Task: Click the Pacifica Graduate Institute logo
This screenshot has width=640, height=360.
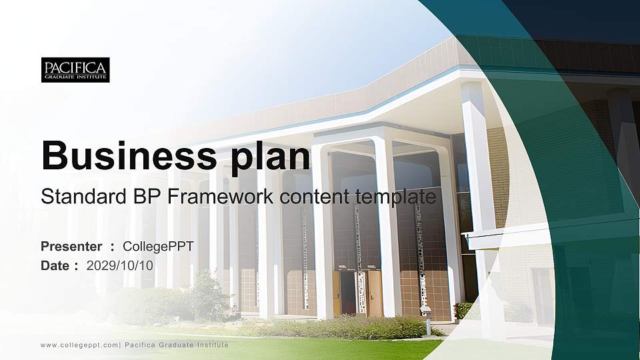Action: [75, 70]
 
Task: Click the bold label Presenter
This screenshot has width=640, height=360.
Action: [71, 247]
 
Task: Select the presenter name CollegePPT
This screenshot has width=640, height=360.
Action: [158, 247]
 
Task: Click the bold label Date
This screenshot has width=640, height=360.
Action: [55, 265]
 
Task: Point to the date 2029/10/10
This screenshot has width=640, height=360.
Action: [120, 265]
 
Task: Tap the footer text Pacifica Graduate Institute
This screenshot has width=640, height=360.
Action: [177, 345]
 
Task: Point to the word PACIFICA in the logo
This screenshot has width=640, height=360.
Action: [75, 67]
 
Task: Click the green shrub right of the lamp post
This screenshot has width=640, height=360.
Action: [463, 310]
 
